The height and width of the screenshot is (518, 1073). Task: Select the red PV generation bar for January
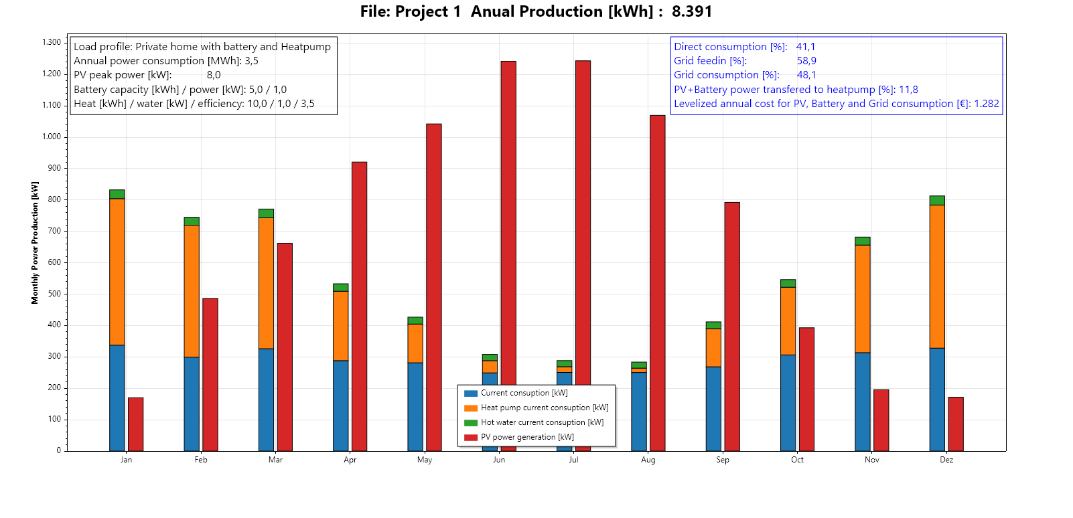(135, 424)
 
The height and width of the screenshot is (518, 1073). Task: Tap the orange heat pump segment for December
(937, 276)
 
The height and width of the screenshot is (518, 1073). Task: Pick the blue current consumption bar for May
(415, 407)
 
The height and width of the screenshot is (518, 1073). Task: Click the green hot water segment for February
(192, 221)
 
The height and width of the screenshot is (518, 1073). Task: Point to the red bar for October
(806, 389)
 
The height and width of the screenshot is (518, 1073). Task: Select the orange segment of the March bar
(266, 283)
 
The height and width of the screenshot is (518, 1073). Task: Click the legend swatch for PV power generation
(470, 437)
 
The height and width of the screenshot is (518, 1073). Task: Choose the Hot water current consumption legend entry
(542, 422)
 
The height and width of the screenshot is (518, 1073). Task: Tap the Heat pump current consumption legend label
(545, 408)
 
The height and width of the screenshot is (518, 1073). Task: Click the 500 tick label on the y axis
(54, 294)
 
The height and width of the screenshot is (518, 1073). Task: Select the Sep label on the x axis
(722, 460)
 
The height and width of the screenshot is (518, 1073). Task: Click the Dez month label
(946, 460)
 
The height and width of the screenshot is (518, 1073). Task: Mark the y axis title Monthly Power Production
(35, 243)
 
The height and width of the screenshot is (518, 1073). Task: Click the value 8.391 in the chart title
(692, 11)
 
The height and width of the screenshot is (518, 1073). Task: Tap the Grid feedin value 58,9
(806, 61)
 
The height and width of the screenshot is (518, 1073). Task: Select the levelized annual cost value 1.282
(987, 104)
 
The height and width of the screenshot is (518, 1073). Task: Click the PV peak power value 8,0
(214, 75)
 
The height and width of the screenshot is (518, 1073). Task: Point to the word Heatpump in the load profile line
(305, 47)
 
